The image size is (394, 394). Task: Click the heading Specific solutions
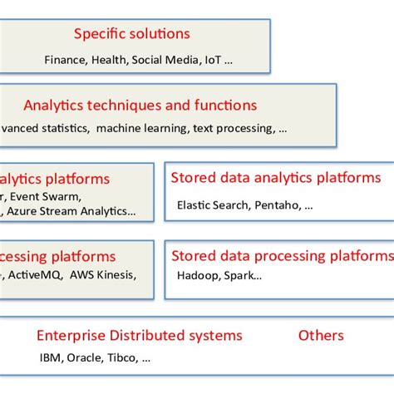131,34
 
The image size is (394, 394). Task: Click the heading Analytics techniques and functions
140,106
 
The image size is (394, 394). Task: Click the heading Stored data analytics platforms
276,178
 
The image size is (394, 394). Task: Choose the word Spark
242,276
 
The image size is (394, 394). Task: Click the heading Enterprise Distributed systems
140,336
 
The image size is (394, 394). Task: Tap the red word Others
321,336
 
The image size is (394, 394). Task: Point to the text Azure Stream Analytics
71,211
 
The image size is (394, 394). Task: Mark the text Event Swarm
46,197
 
